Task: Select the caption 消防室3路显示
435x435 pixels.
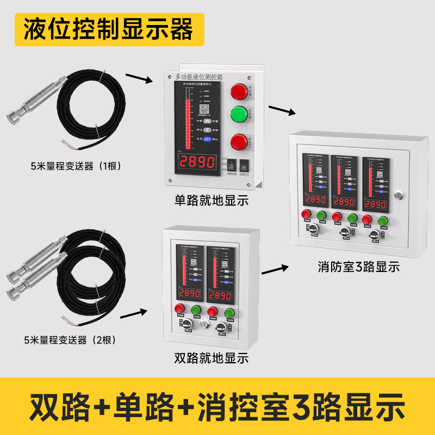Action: [x=359, y=267]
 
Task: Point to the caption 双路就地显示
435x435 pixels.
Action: [x=211, y=358]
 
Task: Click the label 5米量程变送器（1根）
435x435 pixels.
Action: [x=76, y=166]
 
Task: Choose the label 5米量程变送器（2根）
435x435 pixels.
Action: [x=70, y=340]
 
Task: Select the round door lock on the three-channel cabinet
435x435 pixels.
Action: [x=400, y=194]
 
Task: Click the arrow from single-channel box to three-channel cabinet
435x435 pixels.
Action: [x=282, y=110]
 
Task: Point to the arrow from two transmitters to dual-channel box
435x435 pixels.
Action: [x=133, y=314]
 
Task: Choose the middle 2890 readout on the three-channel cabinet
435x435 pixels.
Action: [x=344, y=204]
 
